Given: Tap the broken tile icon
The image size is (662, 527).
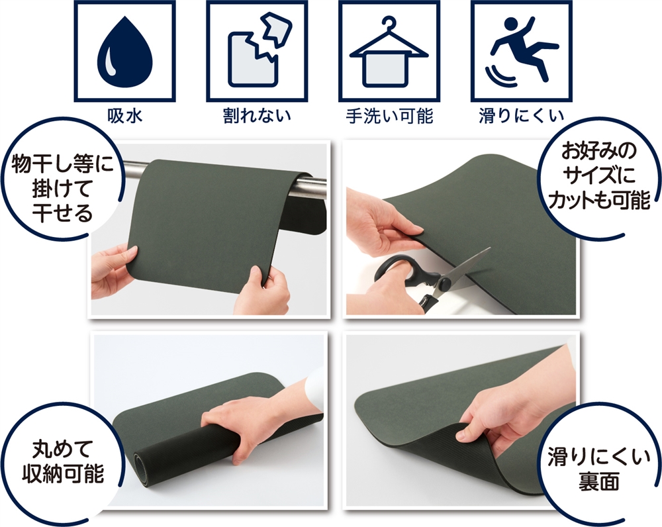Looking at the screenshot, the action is tap(257, 51).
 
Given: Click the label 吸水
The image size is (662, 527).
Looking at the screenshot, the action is tap(124, 116).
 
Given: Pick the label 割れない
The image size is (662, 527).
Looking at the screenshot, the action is tap(257, 116).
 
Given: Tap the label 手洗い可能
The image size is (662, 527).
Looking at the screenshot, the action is tap(389, 116).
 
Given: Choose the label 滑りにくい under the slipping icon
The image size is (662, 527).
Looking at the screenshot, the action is tap(522, 116).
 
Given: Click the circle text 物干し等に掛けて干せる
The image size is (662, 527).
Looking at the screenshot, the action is tap(62, 188).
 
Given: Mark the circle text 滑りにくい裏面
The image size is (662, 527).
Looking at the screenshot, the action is tap(599, 469).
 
